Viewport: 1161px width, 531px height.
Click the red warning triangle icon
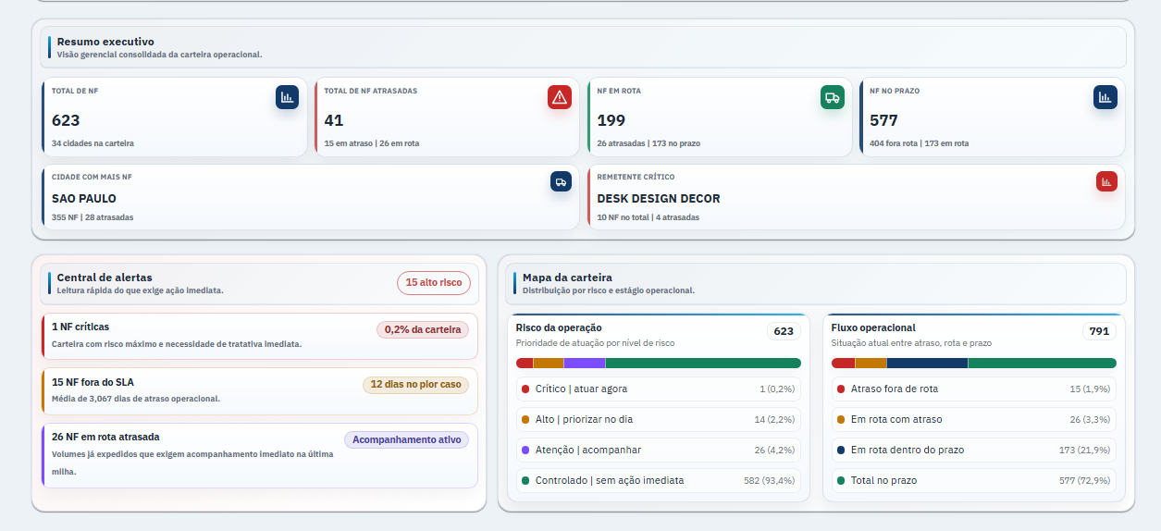click(x=560, y=97)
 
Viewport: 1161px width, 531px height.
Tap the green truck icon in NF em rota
click(x=832, y=97)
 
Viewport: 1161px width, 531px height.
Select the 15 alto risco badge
click(x=433, y=283)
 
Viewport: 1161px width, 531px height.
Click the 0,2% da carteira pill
click(x=423, y=329)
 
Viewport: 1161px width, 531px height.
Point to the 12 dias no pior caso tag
click(x=415, y=385)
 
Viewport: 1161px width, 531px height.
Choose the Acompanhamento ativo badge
click(x=406, y=439)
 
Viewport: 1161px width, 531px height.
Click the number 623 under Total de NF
click(x=66, y=120)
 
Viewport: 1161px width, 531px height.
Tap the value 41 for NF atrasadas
click(x=334, y=120)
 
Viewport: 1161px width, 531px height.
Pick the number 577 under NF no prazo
click(x=883, y=120)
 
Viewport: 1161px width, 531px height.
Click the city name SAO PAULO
click(x=84, y=198)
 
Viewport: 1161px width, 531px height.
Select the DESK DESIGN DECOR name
click(x=659, y=198)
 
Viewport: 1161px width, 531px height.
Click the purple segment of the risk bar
click(x=584, y=364)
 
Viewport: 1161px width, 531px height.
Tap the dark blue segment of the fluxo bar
click(x=927, y=364)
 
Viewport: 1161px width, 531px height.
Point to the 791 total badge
click(x=1099, y=331)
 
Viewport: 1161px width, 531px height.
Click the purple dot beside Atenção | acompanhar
click(x=525, y=451)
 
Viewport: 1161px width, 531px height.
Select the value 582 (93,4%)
click(x=769, y=481)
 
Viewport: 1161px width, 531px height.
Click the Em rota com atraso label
click(x=896, y=420)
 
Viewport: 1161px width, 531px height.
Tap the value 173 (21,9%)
click(x=1084, y=451)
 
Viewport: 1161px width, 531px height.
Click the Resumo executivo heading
click(x=105, y=42)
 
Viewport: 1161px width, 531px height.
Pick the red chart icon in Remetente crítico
click(x=1106, y=182)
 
